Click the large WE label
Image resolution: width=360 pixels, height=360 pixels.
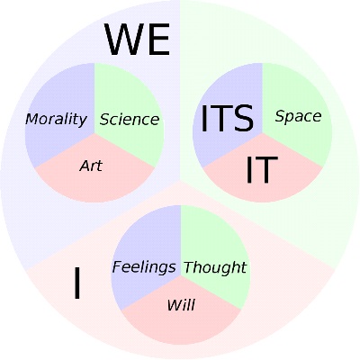click(x=137, y=40)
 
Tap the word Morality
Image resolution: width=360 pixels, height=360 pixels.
click(x=56, y=120)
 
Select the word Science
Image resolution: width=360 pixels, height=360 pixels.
click(x=130, y=120)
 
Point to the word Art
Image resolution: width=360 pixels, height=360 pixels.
click(x=91, y=166)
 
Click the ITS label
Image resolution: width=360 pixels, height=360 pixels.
click(x=227, y=119)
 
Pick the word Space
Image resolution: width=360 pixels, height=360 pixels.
click(x=298, y=116)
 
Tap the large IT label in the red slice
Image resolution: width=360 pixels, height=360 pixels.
click(x=262, y=169)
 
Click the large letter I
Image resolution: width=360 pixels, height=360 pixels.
click(x=77, y=283)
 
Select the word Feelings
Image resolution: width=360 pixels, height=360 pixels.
click(x=144, y=267)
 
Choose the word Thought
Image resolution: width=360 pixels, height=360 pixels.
click(x=215, y=267)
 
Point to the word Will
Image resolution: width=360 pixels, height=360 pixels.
click(x=181, y=305)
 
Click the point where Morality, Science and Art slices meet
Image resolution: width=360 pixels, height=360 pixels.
click(x=94, y=133)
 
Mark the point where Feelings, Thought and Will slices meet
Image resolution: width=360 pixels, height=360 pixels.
click(x=181, y=275)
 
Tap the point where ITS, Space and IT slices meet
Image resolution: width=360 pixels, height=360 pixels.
click(x=263, y=133)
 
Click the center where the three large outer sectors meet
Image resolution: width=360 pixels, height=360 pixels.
click(x=180, y=181)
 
